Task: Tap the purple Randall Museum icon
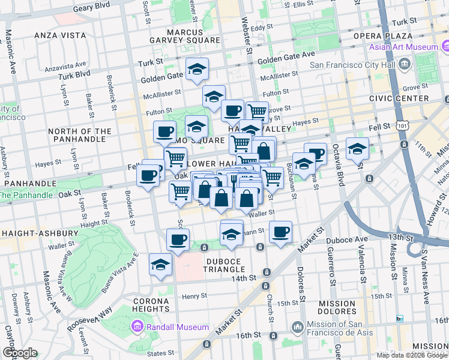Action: point(136,327)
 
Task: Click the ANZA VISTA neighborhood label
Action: point(61,35)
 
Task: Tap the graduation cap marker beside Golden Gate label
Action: point(196,70)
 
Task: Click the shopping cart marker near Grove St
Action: point(257,110)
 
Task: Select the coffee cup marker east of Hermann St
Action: point(280,232)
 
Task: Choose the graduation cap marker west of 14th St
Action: point(160,265)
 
